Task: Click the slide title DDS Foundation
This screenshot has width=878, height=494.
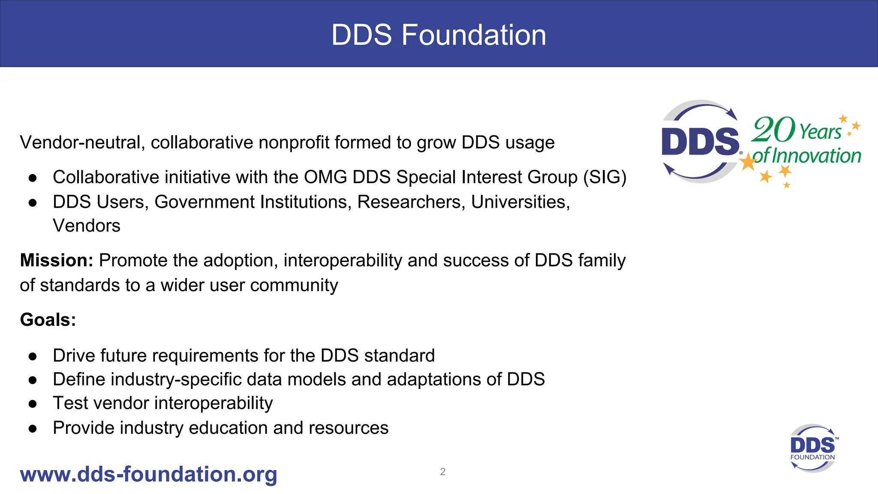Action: click(439, 35)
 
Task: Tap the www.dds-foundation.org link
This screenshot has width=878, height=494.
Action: click(148, 474)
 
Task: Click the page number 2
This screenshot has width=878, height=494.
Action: click(442, 472)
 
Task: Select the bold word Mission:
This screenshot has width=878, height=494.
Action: click(57, 260)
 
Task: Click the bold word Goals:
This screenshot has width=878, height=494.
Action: click(48, 320)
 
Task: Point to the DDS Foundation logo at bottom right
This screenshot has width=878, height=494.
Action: click(812, 448)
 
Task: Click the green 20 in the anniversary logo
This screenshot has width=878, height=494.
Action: click(773, 130)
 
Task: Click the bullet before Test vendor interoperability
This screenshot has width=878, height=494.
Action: click(33, 404)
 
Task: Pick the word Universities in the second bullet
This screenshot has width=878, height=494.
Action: click(520, 202)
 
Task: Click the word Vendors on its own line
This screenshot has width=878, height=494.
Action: click(86, 226)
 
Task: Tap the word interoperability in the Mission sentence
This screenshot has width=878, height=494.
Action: click(343, 261)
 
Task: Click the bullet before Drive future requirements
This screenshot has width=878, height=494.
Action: click(33, 356)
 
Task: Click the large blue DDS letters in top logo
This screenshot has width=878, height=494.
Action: click(700, 142)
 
